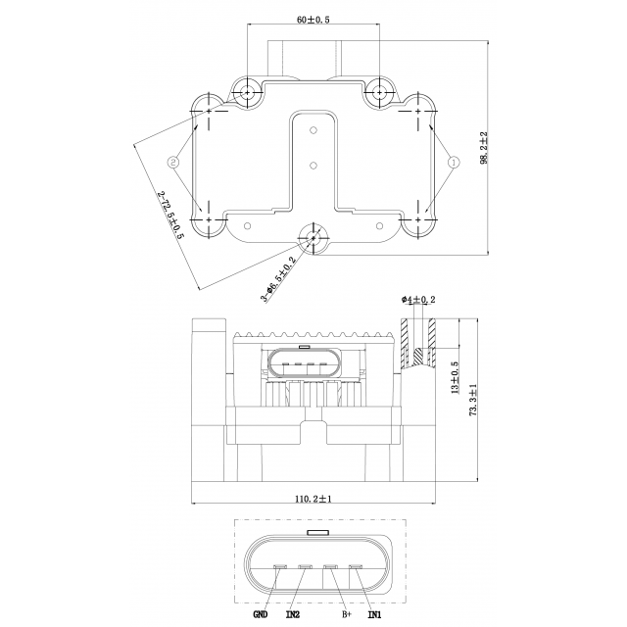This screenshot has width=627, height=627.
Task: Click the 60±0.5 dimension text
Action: tap(313, 20)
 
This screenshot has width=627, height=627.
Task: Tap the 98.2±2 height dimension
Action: tap(484, 148)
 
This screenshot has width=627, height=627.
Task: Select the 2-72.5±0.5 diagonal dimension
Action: tap(170, 216)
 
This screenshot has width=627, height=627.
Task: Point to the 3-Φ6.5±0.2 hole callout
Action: tap(278, 278)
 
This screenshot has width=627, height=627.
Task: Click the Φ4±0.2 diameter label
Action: tap(418, 299)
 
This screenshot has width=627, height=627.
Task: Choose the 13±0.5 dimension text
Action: tap(455, 378)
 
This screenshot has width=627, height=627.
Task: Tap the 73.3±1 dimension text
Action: tap(473, 400)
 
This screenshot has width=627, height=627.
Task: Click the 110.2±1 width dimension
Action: tap(313, 499)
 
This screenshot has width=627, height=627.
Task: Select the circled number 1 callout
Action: tap(454, 162)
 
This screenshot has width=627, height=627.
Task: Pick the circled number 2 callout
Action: tap(172, 162)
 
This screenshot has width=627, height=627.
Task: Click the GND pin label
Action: tap(261, 614)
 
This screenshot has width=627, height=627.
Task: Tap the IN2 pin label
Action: tap(293, 614)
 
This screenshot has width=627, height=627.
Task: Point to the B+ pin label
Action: tap(346, 614)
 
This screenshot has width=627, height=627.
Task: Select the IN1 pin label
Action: tap(374, 614)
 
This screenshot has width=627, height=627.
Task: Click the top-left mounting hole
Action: tap(247, 93)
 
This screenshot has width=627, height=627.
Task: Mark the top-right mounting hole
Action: tap(379, 93)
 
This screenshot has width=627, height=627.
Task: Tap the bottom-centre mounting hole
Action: tap(313, 238)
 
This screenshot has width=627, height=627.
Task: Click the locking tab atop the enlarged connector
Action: tap(317, 532)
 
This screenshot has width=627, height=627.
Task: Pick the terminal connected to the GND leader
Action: tap(280, 566)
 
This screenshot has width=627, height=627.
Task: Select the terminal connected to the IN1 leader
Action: tap(356, 566)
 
